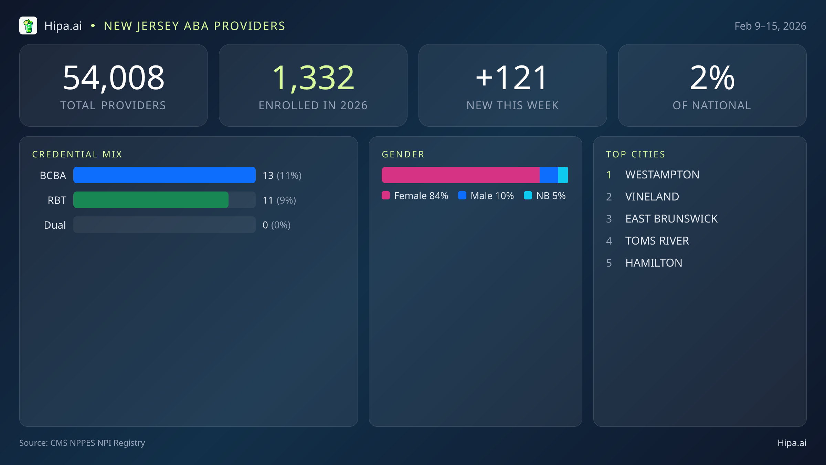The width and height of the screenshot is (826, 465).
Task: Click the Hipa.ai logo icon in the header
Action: click(x=28, y=26)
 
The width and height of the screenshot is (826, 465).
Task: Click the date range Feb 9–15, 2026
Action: click(x=770, y=26)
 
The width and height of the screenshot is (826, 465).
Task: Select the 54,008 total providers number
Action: click(x=114, y=78)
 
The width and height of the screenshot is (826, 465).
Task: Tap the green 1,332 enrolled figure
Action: click(x=313, y=78)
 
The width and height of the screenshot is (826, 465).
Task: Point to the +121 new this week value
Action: click(x=512, y=78)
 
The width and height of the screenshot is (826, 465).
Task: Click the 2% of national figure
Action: click(x=712, y=78)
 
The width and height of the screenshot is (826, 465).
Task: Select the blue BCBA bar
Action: click(x=164, y=175)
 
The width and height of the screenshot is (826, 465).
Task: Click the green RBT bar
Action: click(x=151, y=200)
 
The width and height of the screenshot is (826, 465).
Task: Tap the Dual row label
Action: click(x=55, y=225)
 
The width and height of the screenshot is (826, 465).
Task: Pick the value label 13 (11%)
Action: click(x=282, y=175)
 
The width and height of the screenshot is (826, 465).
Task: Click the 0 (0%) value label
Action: click(x=276, y=225)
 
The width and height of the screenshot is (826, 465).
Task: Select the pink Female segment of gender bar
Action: click(x=460, y=175)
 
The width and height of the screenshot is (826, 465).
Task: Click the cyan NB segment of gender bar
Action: click(x=563, y=175)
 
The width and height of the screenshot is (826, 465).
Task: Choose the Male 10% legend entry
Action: click(x=486, y=196)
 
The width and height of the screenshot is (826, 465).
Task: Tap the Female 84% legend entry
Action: click(x=415, y=196)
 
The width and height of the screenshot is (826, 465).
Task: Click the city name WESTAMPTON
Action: click(x=662, y=175)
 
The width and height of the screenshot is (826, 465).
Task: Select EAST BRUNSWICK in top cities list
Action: click(x=671, y=219)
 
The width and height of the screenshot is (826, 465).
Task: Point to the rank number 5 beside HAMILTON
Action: click(x=609, y=263)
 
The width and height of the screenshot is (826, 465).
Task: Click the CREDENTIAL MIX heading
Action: click(x=77, y=154)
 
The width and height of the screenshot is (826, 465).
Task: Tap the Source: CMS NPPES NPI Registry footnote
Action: click(x=82, y=443)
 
